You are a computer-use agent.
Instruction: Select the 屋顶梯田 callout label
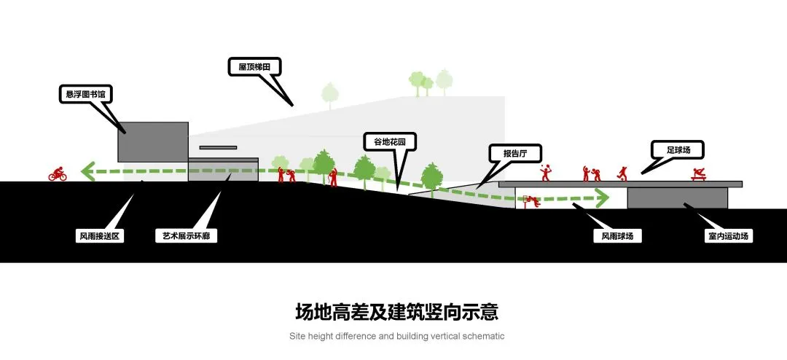[x=254, y=67]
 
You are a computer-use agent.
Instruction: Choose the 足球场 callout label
[x=678, y=149]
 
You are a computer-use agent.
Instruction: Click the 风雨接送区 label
[x=99, y=236]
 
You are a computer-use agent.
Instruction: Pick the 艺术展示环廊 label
[x=187, y=236]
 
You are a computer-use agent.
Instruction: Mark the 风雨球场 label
[x=617, y=236]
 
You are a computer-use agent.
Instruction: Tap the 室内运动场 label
[x=729, y=236]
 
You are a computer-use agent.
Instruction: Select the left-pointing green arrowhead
[x=89, y=172]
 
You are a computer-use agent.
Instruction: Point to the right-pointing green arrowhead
[x=603, y=197]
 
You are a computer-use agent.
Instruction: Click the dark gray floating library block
[x=153, y=141]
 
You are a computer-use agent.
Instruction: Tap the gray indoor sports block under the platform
[x=678, y=197]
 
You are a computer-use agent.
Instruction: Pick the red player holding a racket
[x=546, y=172]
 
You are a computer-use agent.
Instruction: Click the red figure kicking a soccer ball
[x=622, y=173]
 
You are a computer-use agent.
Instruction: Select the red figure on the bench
[x=697, y=175]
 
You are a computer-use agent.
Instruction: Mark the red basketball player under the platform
[x=531, y=202]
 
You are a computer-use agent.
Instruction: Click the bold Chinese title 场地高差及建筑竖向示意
[x=396, y=313]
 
